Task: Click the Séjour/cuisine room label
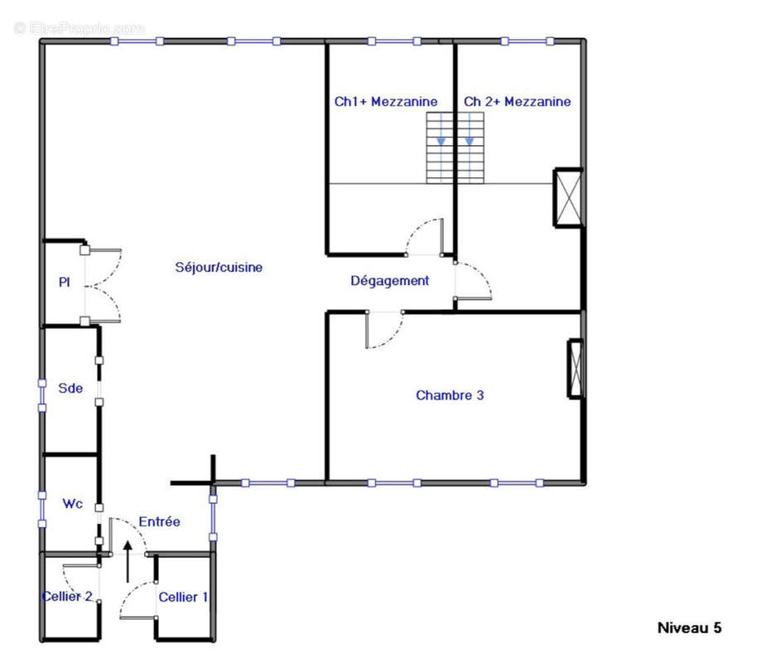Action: (219, 267)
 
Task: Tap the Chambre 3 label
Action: (450, 395)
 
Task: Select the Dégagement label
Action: (389, 281)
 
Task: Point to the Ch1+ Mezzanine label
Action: (386, 101)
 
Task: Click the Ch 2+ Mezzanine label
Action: (517, 101)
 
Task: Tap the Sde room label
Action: (70, 387)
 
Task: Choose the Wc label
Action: (72, 503)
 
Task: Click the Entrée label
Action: (159, 521)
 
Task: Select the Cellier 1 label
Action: (183, 597)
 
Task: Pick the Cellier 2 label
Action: (67, 597)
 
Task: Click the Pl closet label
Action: (64, 282)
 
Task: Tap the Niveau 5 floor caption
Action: (689, 627)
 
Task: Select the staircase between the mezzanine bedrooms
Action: (455, 148)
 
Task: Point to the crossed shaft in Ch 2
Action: (569, 197)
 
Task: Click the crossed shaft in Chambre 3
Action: (575, 369)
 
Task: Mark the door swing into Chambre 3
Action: (383, 330)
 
